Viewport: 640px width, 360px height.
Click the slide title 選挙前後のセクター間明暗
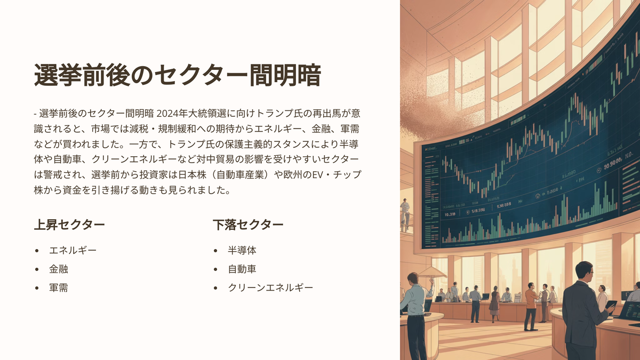pyautogui.click(x=178, y=75)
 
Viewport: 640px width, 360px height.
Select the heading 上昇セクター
pyautogui.click(x=69, y=225)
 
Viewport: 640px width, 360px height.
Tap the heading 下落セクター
pyautogui.click(x=248, y=225)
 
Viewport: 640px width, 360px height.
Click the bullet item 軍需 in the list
pyautogui.click(x=59, y=287)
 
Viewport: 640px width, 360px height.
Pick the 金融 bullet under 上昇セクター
pyautogui.click(x=59, y=269)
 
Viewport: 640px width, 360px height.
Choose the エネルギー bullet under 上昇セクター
pyautogui.click(x=73, y=251)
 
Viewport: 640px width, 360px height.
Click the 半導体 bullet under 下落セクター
pyautogui.click(x=242, y=251)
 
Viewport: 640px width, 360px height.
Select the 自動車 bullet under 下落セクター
pyautogui.click(x=242, y=269)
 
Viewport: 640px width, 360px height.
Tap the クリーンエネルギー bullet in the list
pyautogui.click(x=270, y=287)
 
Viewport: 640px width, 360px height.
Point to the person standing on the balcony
pyautogui.click(x=405, y=214)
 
